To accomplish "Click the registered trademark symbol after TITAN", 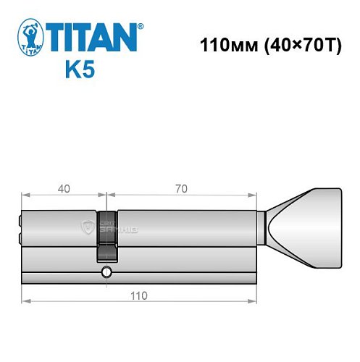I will point(140,25).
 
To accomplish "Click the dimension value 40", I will point(64,189).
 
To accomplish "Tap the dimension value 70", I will point(181,189).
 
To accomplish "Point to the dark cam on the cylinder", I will point(106,235).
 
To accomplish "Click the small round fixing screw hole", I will point(106,273).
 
